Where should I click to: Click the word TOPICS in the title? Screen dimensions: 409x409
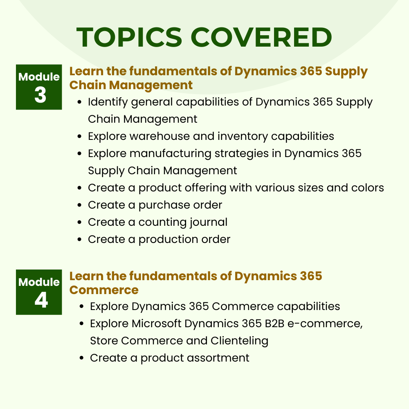pos(129,37)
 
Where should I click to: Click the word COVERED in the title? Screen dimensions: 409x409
pos(261,37)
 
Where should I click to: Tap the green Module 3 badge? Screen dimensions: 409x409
pos(39,87)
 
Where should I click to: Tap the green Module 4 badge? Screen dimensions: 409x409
pos(39,292)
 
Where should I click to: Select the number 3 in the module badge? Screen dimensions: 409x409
pos(40,95)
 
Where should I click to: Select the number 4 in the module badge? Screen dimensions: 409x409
pos(41,301)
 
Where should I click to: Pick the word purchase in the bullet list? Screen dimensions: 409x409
pos(162,205)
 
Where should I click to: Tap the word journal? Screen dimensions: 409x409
pos(209,222)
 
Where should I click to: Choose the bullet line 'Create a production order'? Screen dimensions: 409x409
pos(159,239)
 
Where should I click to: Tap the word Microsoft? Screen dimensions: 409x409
pos(156,324)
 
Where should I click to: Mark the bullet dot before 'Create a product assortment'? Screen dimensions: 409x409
pos(82,358)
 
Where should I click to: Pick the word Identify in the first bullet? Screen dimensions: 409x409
pos(106,102)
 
